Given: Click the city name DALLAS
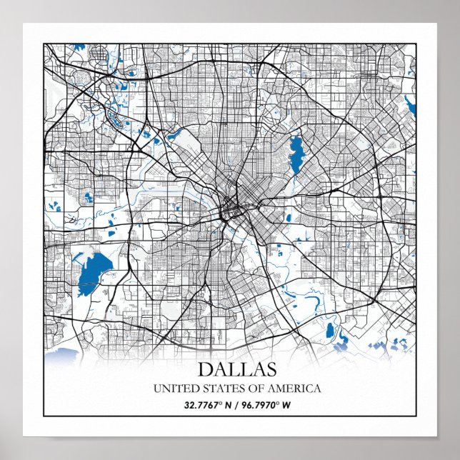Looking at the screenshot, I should coord(236,369).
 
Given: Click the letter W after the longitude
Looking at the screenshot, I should coord(289,406).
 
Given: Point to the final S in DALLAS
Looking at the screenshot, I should coord(269,369).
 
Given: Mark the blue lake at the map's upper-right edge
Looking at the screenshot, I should coord(410,107).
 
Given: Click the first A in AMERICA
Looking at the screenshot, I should coord(273,389).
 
